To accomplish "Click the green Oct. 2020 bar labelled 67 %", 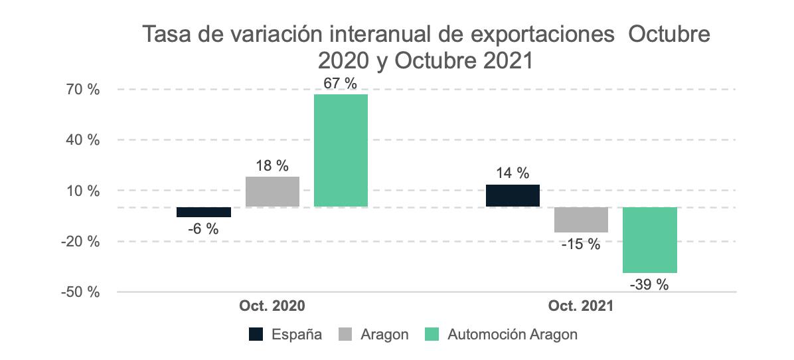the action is click(x=341, y=150).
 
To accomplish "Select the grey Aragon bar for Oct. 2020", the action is click(x=272, y=191).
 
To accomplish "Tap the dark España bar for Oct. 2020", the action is click(x=204, y=212).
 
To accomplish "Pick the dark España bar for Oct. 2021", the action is click(x=513, y=195).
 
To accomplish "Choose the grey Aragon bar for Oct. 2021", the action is click(x=582, y=220).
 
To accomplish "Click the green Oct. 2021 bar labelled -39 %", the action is click(x=650, y=240).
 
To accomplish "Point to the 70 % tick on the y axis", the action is click(x=82, y=90).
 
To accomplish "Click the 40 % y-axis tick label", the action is click(x=82, y=140).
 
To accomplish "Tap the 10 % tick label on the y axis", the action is click(x=82, y=191).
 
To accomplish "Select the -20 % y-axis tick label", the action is click(x=80, y=242).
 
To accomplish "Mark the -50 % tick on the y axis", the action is click(x=80, y=293).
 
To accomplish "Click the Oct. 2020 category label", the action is click(x=272, y=306).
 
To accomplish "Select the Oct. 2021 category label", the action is click(x=581, y=306).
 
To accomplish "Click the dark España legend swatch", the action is click(x=256, y=335).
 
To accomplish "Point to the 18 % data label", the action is click(x=272, y=165).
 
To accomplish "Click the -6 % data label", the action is click(x=203, y=229).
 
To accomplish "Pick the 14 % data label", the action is click(x=513, y=173).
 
